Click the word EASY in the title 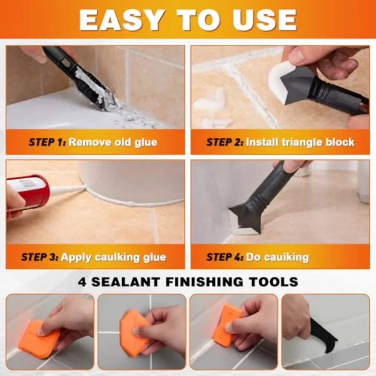[x=121, y=20]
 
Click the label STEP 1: [x=47, y=142]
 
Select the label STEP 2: [x=225, y=142]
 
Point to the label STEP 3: [x=40, y=257]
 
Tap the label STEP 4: [x=225, y=257]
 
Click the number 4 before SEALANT [x=82, y=282]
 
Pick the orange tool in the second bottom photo [x=133, y=329]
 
